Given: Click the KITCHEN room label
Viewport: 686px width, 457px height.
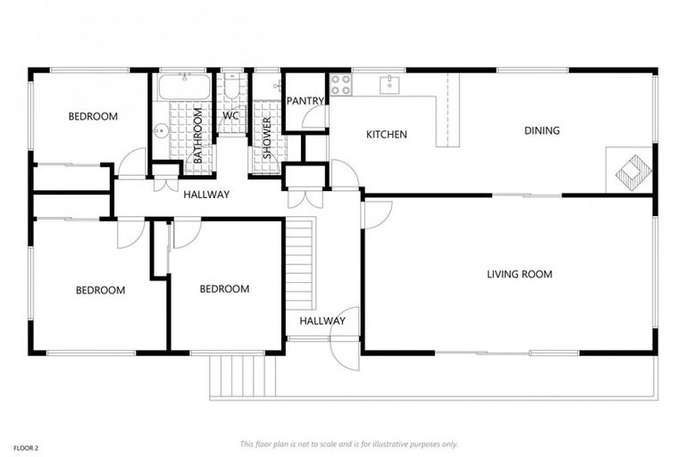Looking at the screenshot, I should pos(386,135).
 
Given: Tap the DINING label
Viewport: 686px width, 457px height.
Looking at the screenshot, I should pos(541,130).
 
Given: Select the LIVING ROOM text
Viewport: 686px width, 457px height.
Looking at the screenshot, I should pos(519,274).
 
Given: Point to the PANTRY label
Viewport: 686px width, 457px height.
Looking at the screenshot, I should pos(305,102).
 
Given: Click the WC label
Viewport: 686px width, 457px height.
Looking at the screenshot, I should pos(230,116).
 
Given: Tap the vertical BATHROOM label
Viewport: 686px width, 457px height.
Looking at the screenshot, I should pos(198,135).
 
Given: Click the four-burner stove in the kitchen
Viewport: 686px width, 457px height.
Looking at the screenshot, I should pos(341,85).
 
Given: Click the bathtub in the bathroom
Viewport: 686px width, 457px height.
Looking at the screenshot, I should pos(184,87).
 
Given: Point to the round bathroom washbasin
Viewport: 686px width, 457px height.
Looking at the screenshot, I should pos(161,131).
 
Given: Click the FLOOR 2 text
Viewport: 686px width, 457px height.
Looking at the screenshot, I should pos(25,446).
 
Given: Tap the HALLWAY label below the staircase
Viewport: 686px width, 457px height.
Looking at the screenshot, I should pos(322,321).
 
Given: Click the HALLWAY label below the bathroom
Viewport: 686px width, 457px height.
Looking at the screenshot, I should pos(206,195).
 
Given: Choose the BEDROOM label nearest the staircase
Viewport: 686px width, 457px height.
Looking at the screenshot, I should pos(223,288).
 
